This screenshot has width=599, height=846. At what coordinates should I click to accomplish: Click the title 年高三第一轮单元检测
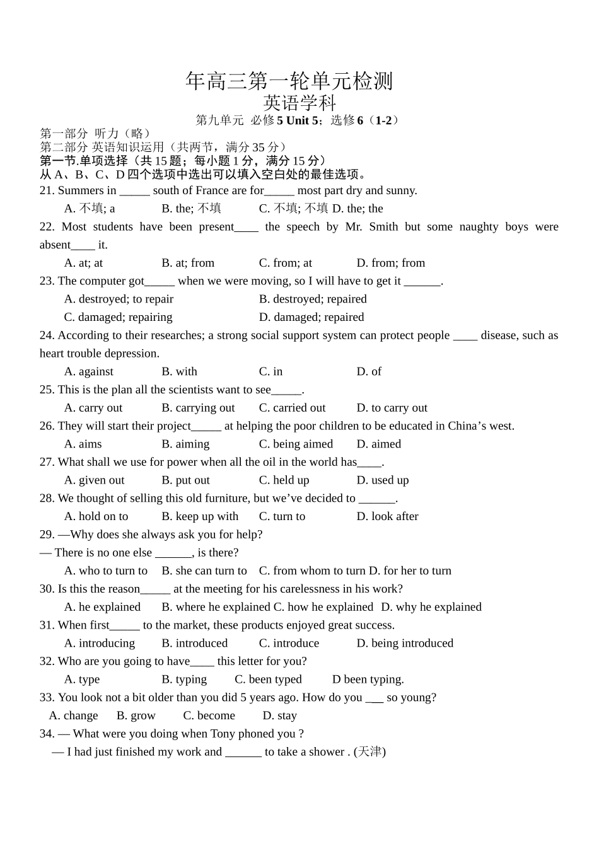pos(289,81)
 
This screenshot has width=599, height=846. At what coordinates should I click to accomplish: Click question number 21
pos(47,190)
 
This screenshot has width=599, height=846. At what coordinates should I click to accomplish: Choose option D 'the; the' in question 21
pos(358,209)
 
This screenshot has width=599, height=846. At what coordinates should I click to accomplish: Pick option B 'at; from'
pos(188,263)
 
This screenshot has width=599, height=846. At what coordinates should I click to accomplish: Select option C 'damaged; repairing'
pos(118,317)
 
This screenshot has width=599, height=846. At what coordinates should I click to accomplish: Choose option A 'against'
pos(89,372)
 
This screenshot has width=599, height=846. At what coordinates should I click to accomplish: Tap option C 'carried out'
pos(292,408)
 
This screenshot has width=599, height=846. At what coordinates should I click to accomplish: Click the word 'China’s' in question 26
pos(467,426)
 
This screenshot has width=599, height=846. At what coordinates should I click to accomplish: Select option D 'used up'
pos(383,480)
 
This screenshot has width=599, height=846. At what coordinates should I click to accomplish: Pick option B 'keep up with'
pos(200,516)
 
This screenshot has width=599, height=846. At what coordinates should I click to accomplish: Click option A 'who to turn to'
pos(106,571)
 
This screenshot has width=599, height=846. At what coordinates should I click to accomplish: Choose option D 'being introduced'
pos(405,644)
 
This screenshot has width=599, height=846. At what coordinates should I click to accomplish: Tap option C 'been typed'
pos(268,680)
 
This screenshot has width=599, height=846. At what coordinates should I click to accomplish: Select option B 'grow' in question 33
pos(136,716)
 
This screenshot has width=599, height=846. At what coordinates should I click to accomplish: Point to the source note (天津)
pos(369,752)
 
